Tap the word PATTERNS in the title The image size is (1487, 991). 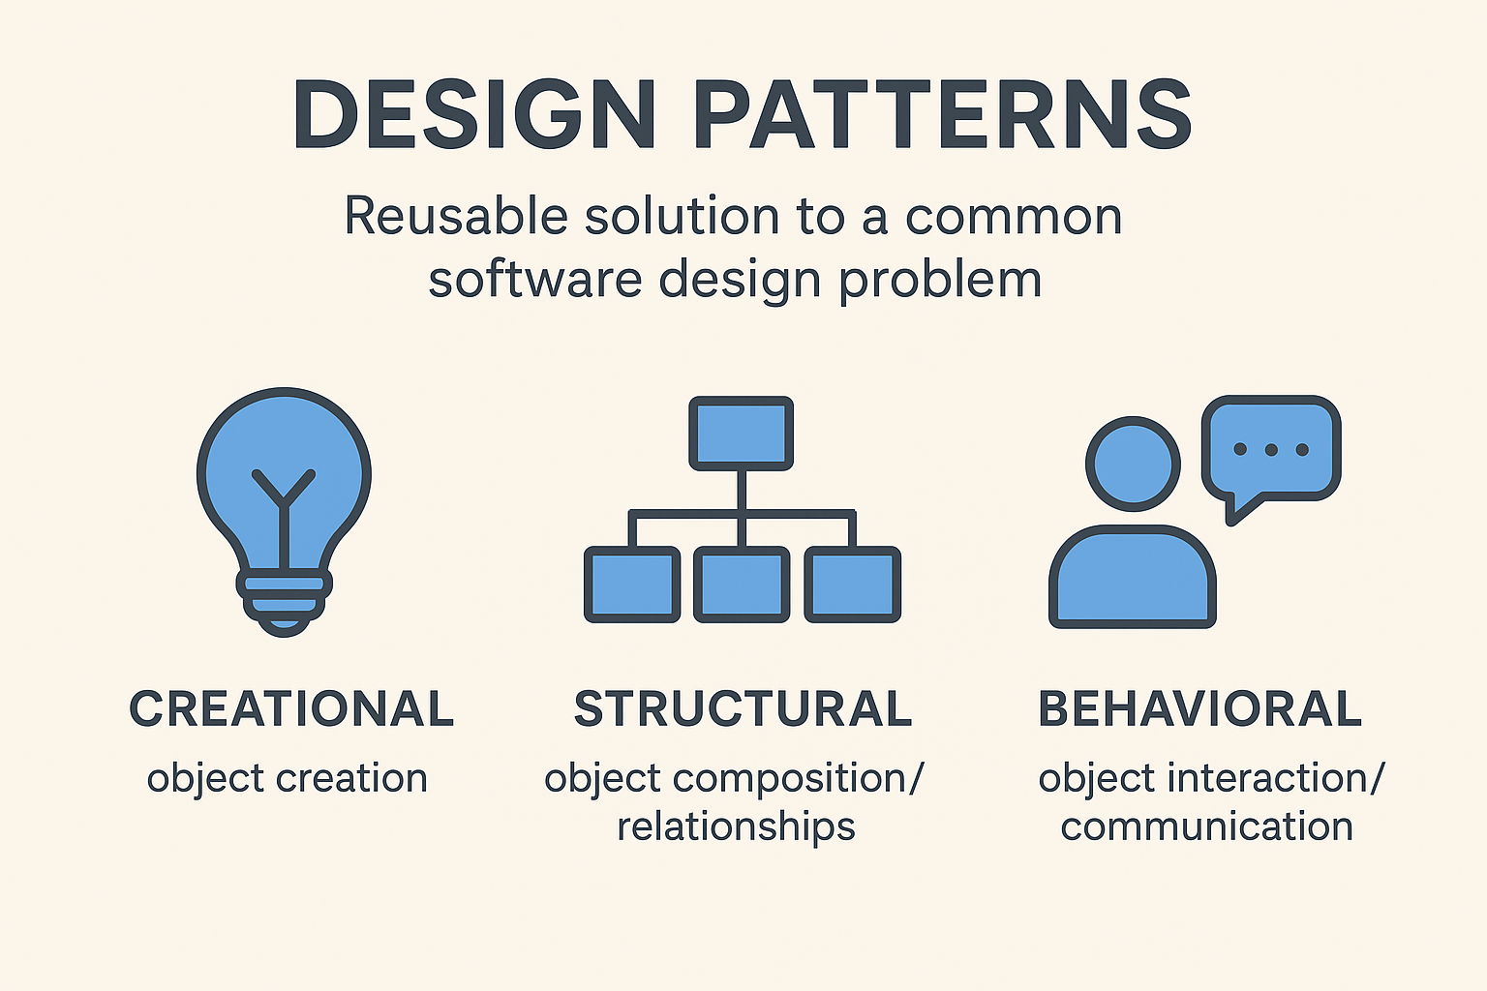(x=943, y=114)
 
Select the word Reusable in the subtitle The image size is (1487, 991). (x=456, y=216)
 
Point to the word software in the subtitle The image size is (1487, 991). (x=535, y=280)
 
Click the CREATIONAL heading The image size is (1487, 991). (x=291, y=709)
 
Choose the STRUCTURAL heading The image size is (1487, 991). (x=743, y=709)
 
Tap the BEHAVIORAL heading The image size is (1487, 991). (x=1200, y=709)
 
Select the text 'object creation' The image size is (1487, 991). (x=287, y=779)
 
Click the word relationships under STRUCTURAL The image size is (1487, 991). (x=736, y=827)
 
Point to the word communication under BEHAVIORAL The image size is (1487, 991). (x=1207, y=827)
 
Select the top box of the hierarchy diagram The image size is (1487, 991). (x=742, y=434)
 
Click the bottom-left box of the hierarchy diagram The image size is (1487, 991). (x=632, y=585)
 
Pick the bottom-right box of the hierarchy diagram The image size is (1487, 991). (x=852, y=585)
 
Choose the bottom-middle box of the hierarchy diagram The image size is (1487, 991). (x=742, y=585)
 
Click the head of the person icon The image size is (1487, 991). (x=1134, y=464)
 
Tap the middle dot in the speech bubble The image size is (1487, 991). (x=1271, y=450)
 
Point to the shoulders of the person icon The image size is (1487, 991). (x=1133, y=577)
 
